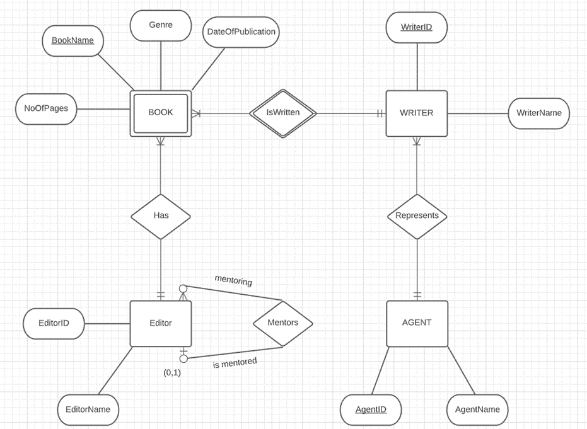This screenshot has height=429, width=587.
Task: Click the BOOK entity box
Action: pyautogui.click(x=160, y=113)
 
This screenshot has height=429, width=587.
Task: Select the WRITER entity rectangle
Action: pyautogui.click(x=416, y=113)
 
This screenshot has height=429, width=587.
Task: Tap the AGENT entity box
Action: pyautogui.click(x=416, y=323)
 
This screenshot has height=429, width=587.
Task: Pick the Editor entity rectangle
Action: pyautogui.click(x=160, y=323)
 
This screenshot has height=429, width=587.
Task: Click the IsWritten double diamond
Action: pyautogui.click(x=282, y=113)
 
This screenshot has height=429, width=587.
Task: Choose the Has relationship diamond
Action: pyautogui.click(x=160, y=215)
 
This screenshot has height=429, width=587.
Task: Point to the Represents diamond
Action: pyautogui.click(x=416, y=215)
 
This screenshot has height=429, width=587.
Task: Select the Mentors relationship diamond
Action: pyautogui.click(x=282, y=323)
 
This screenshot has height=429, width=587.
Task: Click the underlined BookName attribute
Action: pyautogui.click(x=73, y=40)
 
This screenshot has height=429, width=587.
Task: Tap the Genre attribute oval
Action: pyautogui.click(x=160, y=25)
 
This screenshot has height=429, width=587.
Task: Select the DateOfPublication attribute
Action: pyautogui.click(x=241, y=31)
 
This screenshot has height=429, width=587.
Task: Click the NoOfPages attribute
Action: pyautogui.click(x=46, y=108)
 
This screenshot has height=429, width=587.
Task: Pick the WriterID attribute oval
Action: pyautogui.click(x=416, y=27)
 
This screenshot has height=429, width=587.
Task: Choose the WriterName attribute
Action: pyautogui.click(x=538, y=113)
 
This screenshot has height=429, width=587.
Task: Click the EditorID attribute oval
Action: pyautogui.click(x=54, y=323)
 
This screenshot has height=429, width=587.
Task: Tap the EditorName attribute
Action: pyautogui.click(x=88, y=409)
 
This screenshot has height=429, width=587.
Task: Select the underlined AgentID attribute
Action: pyautogui.click(x=370, y=409)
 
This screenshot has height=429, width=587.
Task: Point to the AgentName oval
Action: pyautogui.click(x=477, y=409)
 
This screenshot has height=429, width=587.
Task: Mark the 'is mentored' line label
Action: pyautogui.click(x=235, y=363)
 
